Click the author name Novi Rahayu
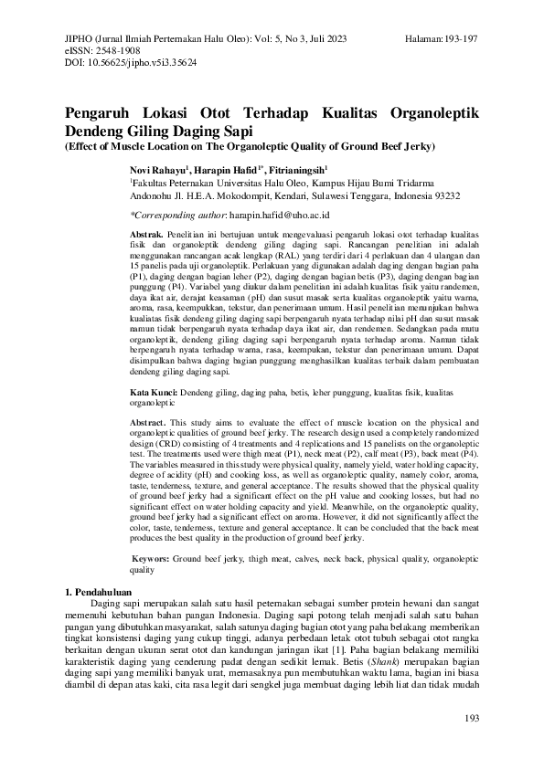(x=157, y=170)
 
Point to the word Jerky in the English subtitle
(x=421, y=146)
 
